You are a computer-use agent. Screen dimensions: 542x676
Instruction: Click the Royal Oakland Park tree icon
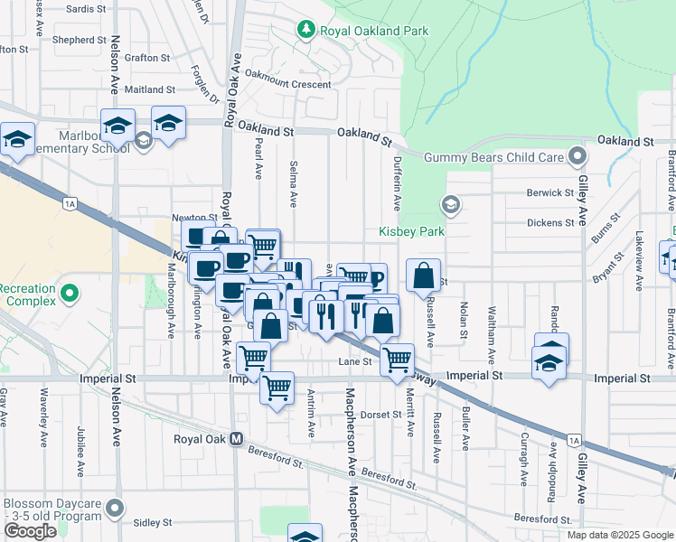click(x=305, y=31)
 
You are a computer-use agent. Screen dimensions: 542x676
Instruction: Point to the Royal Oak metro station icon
click(x=237, y=439)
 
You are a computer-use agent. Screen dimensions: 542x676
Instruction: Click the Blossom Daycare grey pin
click(x=115, y=509)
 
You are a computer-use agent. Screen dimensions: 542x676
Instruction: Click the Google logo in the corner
click(x=30, y=531)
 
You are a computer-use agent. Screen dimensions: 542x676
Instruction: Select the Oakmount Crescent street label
click(x=288, y=84)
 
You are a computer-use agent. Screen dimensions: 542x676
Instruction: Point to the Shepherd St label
click(x=80, y=40)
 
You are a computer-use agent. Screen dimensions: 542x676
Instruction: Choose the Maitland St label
click(x=150, y=89)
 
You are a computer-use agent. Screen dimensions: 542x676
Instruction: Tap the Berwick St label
click(x=551, y=192)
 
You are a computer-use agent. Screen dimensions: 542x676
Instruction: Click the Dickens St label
click(x=551, y=222)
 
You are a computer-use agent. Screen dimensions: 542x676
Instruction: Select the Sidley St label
click(x=152, y=522)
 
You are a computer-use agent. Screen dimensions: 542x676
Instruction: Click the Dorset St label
click(x=382, y=415)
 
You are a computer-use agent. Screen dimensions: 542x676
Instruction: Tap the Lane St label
click(x=355, y=361)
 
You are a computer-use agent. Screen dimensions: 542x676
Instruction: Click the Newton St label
click(x=194, y=218)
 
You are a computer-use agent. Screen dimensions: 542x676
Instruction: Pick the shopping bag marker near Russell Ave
click(x=423, y=276)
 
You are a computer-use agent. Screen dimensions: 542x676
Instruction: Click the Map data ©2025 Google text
click(x=620, y=535)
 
